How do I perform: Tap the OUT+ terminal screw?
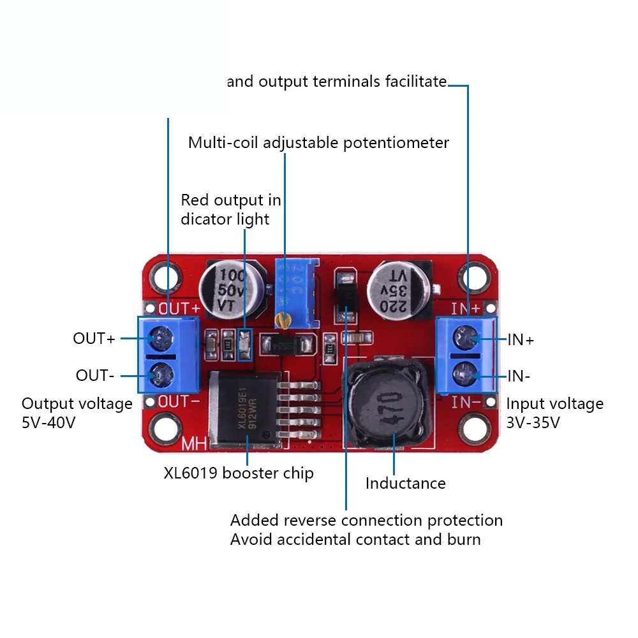(x=160, y=336)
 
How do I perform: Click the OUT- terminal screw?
(x=160, y=373)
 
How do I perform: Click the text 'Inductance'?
(x=405, y=484)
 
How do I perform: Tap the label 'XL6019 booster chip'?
(x=239, y=473)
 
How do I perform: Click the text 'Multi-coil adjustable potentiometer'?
(x=318, y=143)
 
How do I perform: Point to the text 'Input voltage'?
(x=554, y=404)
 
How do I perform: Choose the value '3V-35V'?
(x=533, y=422)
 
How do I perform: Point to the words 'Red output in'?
(x=231, y=200)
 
